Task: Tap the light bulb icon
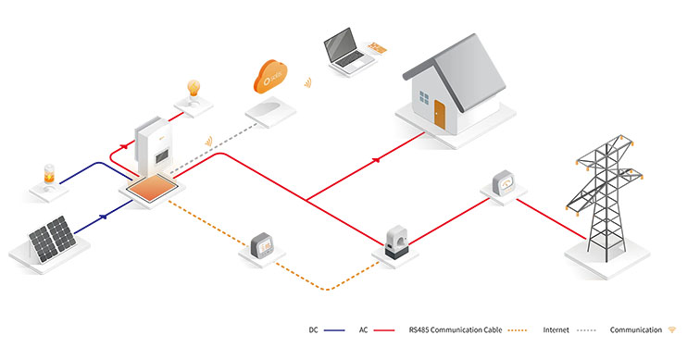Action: (x=194, y=91)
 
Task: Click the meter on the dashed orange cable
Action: (x=263, y=245)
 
